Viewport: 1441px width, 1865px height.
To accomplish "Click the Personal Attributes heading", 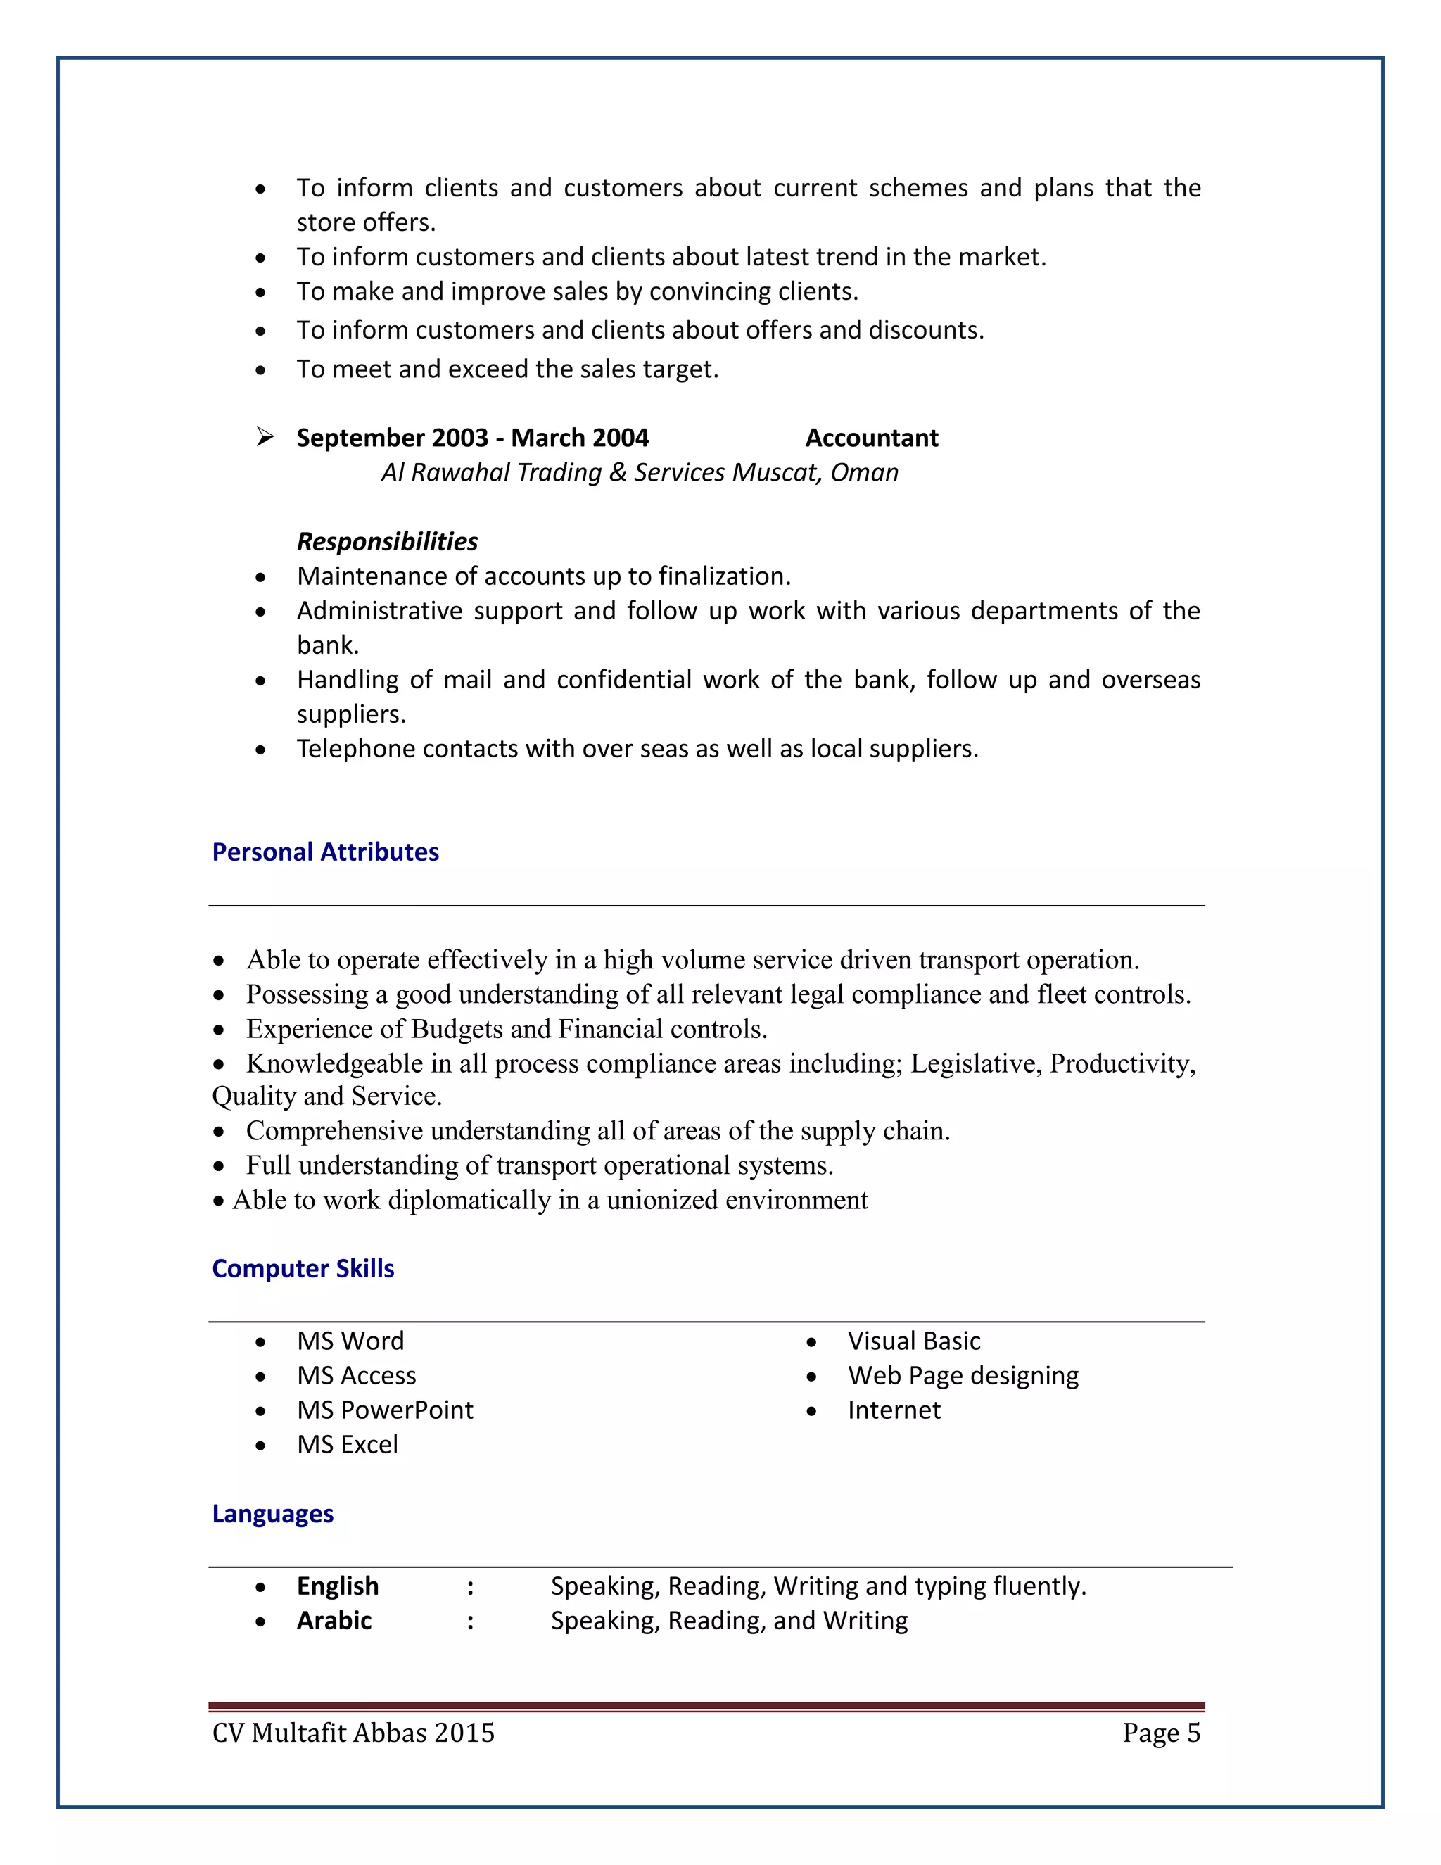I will (x=325, y=852).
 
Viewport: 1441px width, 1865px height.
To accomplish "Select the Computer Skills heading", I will (x=303, y=1268).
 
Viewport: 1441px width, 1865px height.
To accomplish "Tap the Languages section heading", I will (x=272, y=1513).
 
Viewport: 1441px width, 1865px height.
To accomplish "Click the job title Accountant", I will (x=872, y=437).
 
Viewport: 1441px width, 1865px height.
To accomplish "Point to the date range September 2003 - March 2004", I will (x=472, y=437).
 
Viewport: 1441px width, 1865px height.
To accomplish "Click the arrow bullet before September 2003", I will (x=265, y=437).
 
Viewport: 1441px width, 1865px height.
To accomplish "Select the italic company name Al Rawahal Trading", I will (x=640, y=472).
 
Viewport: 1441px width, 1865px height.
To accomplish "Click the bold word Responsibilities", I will (x=387, y=541).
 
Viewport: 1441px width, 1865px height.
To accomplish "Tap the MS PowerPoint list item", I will (x=385, y=1410).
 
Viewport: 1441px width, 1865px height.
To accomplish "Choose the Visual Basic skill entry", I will (x=913, y=1341).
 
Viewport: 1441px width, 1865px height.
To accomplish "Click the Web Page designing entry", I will (x=963, y=1375).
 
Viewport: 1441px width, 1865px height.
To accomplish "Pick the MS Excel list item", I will (x=348, y=1444).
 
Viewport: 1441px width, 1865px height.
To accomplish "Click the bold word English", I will (x=337, y=1586).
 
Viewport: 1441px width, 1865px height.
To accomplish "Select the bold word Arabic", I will (x=334, y=1620).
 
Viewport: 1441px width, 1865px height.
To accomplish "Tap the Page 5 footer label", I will (x=1161, y=1733).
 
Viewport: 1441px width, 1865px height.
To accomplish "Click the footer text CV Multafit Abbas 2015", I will (x=353, y=1733).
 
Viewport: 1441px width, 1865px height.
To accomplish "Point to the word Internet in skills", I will (x=894, y=1410).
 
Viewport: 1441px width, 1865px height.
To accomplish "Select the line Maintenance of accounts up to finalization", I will (x=544, y=576).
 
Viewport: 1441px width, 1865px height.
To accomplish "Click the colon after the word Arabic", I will (x=471, y=1621).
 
